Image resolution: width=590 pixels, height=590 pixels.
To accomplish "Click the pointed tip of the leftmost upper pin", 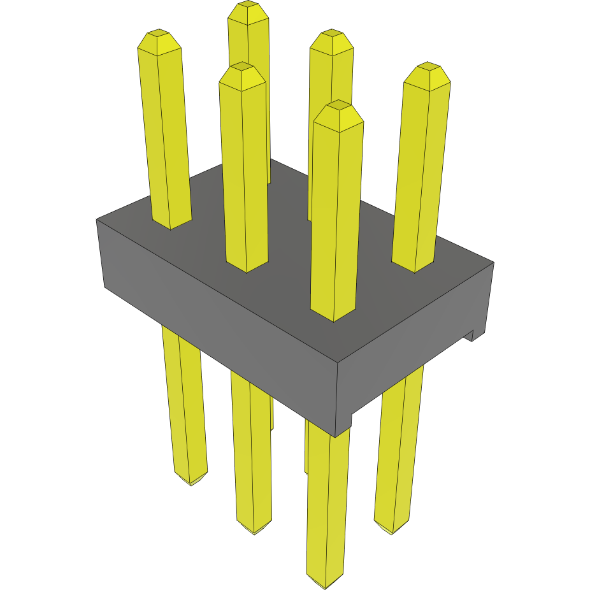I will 159,36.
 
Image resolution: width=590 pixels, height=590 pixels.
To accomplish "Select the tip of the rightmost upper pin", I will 428,69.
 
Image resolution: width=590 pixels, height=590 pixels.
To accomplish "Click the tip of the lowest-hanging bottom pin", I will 325,584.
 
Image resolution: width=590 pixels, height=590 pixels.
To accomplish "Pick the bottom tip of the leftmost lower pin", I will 191,482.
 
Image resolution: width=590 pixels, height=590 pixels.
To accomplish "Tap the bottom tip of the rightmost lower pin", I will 391,530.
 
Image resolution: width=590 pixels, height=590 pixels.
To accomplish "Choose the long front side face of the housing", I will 217,319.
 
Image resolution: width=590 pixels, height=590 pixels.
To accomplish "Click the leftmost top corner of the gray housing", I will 97,219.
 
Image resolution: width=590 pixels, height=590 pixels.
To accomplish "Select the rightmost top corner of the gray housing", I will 494,262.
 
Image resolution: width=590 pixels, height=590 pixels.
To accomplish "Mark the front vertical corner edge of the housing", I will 337,395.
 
